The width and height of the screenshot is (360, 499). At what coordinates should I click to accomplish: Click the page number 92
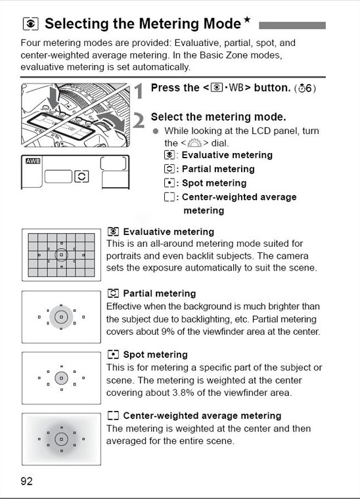26,481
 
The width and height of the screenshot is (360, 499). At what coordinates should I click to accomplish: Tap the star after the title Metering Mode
247,20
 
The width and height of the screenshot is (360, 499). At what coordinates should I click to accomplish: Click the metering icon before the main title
31,24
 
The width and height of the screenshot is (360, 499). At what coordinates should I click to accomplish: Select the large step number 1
139,91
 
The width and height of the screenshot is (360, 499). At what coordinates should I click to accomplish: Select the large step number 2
139,120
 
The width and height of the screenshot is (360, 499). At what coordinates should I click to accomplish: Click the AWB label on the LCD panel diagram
33,161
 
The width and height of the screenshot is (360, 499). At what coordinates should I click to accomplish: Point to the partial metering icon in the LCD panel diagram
81,177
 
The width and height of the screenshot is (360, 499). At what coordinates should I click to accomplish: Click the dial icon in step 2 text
194,143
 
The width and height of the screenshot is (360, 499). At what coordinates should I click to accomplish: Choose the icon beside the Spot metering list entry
169,183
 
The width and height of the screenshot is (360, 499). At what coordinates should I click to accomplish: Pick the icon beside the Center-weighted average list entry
169,197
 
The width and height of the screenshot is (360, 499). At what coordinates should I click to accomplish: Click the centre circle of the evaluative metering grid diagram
62,255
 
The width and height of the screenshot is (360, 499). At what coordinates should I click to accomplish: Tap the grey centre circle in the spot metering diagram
62,378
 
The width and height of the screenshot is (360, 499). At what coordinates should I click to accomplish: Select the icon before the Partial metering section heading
113,293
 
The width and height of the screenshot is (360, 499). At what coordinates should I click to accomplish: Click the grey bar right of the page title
292,26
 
